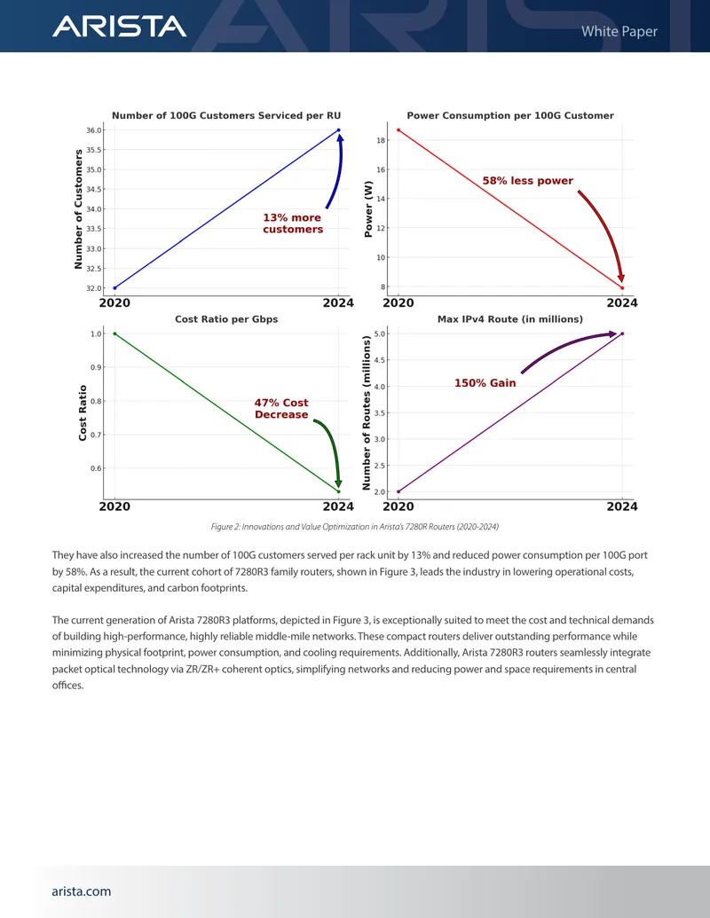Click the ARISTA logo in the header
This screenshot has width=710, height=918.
tap(120, 27)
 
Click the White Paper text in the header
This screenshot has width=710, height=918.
tap(619, 32)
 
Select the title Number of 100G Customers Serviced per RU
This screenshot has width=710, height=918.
tap(226, 115)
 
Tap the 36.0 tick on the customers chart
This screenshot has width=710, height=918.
tap(94, 130)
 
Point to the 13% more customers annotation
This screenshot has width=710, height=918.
tap(293, 223)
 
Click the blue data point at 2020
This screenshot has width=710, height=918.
tap(114, 288)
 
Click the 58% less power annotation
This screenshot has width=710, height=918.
tap(528, 181)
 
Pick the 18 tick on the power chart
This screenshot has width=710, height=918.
tap(381, 140)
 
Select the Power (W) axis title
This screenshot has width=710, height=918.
tap(368, 208)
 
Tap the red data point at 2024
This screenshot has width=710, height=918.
tap(622, 288)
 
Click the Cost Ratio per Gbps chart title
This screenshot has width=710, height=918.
tap(226, 319)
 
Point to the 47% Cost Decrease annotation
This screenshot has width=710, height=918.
tap(281, 409)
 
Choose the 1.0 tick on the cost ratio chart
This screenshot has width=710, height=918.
tap(96, 333)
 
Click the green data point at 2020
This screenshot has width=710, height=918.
tap(114, 333)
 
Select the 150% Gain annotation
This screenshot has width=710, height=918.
tap(485, 383)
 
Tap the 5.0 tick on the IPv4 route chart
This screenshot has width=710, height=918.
tap(380, 333)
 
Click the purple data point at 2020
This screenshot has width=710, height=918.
tap(398, 491)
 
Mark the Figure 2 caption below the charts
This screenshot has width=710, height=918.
tap(355, 527)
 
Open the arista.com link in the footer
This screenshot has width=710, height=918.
tap(82, 891)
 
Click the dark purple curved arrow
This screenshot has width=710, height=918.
tap(563, 344)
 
